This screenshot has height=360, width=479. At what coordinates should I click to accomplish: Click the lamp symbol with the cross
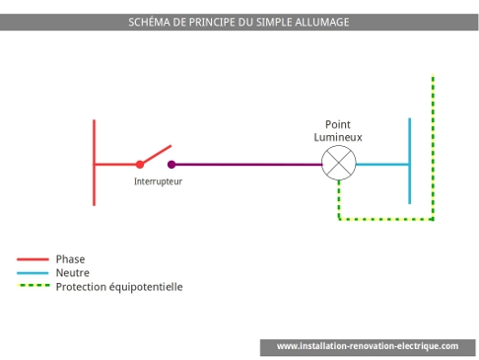pos(338,165)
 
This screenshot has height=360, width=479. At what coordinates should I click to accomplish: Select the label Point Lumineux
pos(338,131)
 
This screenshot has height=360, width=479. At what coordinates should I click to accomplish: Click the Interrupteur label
pos(158,181)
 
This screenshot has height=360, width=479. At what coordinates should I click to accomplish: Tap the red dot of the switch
pos(139,165)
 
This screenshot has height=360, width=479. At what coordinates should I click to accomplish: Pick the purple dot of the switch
pos(171,165)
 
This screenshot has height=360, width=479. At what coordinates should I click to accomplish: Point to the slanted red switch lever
pos(155,154)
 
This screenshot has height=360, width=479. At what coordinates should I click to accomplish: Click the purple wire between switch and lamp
pos(246,165)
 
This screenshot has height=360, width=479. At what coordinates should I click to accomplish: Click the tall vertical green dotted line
pos(433,148)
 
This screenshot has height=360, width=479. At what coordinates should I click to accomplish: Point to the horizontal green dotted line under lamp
pos(384,219)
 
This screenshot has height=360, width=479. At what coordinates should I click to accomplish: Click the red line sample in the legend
pos(33,259)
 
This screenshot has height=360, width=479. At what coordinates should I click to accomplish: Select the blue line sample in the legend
pos(33,273)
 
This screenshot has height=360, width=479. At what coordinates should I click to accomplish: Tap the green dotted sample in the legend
pos(33,287)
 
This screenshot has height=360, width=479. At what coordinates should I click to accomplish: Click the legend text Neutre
pos(73,273)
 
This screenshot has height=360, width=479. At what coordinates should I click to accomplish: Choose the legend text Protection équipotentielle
pos(119,287)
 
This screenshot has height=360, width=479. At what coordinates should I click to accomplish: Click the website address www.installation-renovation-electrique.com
pos(367,346)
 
